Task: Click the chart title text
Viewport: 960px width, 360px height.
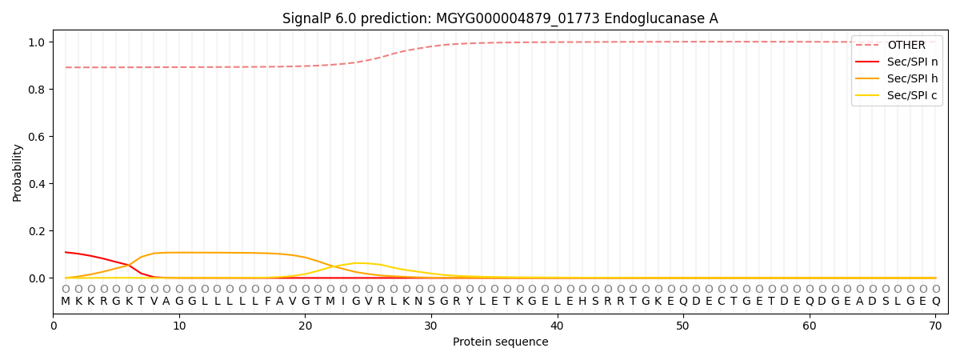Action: coord(500,18)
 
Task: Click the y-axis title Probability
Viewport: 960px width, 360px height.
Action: coord(18,172)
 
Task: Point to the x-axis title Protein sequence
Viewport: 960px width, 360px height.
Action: coord(500,342)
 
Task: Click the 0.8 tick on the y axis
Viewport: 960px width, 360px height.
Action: coord(38,90)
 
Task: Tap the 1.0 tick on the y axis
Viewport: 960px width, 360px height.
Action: coord(38,42)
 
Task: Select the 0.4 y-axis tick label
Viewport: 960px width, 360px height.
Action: coord(38,184)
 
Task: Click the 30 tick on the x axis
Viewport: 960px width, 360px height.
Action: coord(431,326)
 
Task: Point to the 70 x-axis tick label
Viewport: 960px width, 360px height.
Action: coord(935,326)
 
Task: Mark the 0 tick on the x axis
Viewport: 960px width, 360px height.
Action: coord(54,326)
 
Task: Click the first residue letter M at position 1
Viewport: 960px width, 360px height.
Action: coord(66,302)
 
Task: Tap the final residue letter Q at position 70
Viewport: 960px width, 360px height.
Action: coord(935,302)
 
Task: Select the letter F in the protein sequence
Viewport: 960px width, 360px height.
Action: coord(267,302)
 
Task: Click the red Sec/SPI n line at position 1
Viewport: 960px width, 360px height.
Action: coord(66,252)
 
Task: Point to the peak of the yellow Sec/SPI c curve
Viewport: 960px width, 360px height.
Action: coord(356,263)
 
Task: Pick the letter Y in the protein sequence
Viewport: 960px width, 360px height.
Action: coord(470,302)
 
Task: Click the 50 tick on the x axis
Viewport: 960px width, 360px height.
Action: coord(683,326)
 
